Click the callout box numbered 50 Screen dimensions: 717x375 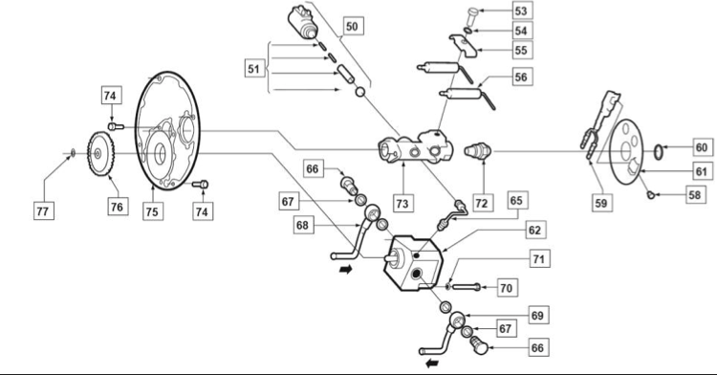(352, 26)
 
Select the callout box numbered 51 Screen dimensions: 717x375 (254, 69)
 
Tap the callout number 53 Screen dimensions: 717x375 (521, 11)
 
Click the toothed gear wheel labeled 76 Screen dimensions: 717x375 (100, 154)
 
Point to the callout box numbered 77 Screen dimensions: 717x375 (42, 210)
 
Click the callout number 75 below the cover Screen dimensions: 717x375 (152, 211)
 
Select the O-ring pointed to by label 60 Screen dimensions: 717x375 (658, 152)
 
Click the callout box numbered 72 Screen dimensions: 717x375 (482, 203)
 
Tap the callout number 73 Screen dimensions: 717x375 (402, 203)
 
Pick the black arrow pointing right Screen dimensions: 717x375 (346, 270)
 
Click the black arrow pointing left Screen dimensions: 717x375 (432, 364)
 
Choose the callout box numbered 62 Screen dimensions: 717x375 (534, 230)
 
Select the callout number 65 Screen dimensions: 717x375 (516, 200)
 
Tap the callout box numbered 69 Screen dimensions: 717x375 (537, 316)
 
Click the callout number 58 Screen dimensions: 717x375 (695, 195)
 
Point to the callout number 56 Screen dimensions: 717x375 (521, 77)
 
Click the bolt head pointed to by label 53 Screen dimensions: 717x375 (474, 11)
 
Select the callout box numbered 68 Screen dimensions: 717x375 (302, 225)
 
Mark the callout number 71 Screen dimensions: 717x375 (539, 259)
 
